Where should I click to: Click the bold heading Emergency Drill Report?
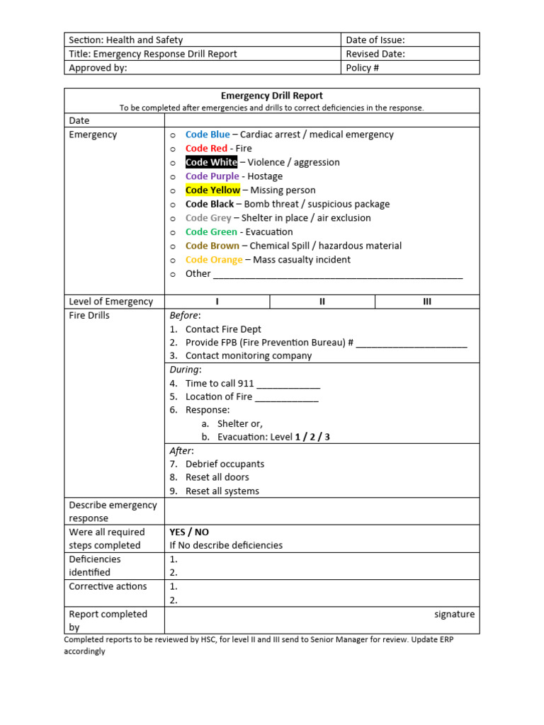click(x=272, y=96)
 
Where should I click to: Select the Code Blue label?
click(x=208, y=135)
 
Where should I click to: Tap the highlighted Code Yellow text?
click(x=212, y=190)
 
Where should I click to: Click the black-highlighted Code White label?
click(x=211, y=162)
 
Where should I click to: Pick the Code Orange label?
click(x=214, y=260)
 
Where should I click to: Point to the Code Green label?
click(x=211, y=232)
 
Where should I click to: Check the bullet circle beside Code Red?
click(x=174, y=149)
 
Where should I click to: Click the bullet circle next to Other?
click(x=174, y=274)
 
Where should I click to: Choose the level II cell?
click(x=322, y=302)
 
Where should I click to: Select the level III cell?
click(x=427, y=302)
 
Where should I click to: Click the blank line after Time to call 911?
click(x=288, y=384)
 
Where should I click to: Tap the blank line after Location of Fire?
click(x=287, y=398)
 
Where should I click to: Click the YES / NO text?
click(x=189, y=532)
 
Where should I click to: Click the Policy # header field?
click(x=363, y=68)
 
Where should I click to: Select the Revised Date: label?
click(x=375, y=54)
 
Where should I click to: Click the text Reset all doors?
click(x=217, y=478)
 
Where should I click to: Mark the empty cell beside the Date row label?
click(x=322, y=121)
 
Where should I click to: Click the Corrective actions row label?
click(x=108, y=587)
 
